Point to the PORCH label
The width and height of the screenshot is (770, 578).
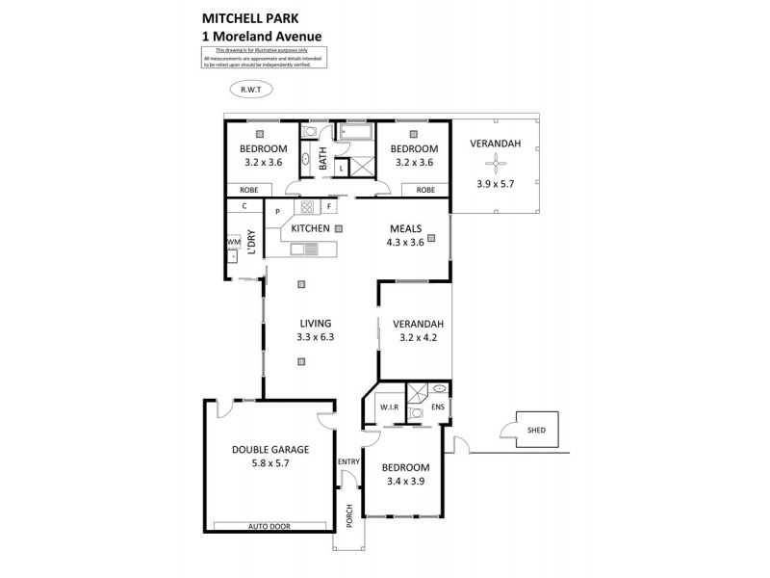pos(349,516)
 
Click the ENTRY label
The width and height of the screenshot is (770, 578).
pos(347,462)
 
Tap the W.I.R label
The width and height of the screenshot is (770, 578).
pos(389,407)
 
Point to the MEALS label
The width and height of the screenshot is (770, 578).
pos(403,228)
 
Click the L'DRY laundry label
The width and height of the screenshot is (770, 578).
pos(251,243)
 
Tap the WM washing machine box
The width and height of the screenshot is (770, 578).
pos(232,242)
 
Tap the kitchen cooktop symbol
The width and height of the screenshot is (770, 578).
pos(307,207)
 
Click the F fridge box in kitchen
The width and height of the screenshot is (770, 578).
pos(329,207)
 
